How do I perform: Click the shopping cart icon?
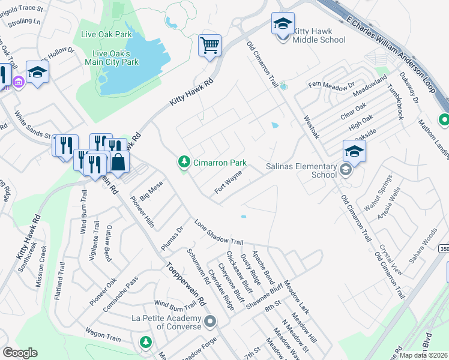click(209, 45)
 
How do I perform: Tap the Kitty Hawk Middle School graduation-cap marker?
click(283, 24)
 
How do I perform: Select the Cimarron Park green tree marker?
click(184, 162)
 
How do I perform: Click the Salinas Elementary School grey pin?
click(345, 170)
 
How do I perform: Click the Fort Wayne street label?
click(229, 182)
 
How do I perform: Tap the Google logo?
click(20, 353)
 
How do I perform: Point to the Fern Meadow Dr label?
click(331, 87)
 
